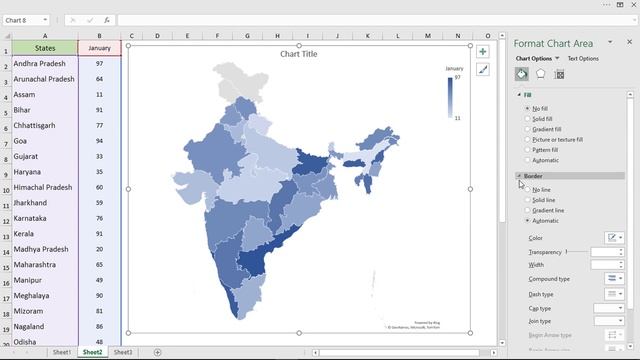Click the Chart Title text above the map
point(298,54)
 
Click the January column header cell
point(99,47)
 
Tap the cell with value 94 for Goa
point(99,141)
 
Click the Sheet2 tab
point(92,352)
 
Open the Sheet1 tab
point(62,352)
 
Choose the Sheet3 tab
point(122,352)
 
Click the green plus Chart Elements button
point(483,51)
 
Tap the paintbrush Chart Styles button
point(483,70)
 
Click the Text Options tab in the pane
point(583,59)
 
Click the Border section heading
point(533,176)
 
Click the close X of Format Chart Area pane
point(629,42)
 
